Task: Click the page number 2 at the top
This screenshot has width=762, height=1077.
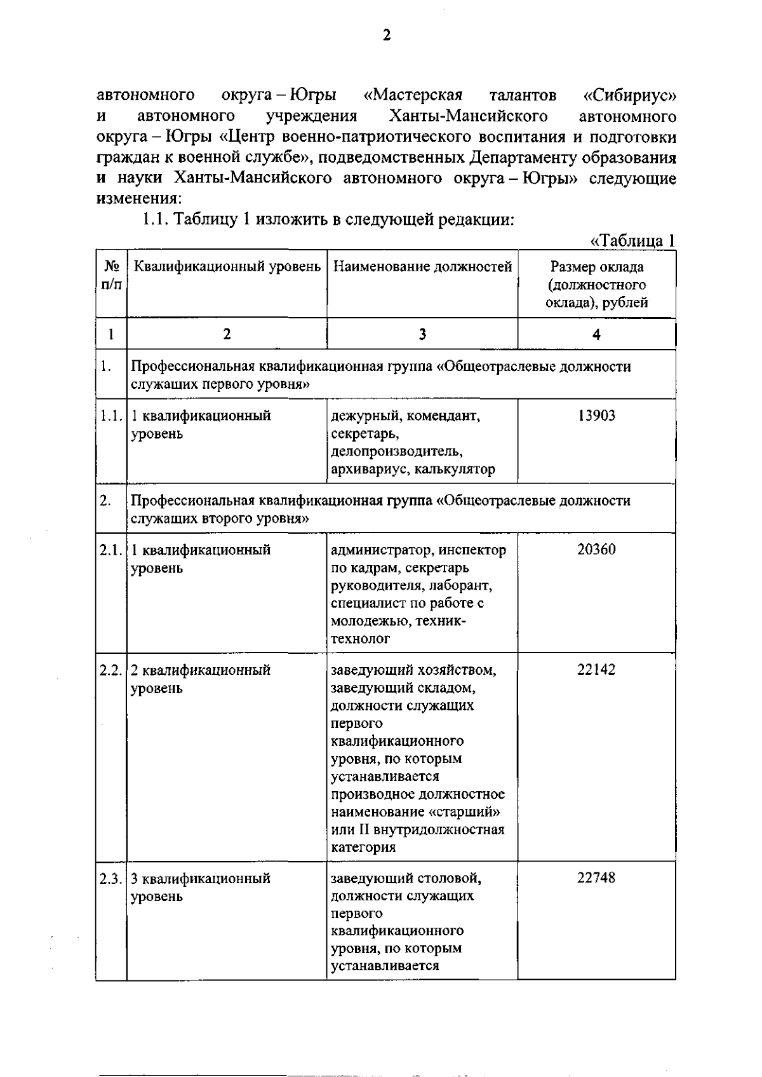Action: [386, 36]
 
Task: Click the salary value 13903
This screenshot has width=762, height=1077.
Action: [596, 416]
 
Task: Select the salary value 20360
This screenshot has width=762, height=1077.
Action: [596, 550]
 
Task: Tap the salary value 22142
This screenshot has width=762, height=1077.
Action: [596, 670]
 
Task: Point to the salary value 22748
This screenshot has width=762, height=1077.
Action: [596, 877]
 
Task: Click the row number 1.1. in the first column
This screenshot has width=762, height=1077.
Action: [110, 416]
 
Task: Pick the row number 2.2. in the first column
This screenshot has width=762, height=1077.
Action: [110, 670]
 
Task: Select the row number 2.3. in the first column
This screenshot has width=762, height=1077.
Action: [110, 878]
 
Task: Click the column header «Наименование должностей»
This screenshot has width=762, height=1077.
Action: [422, 267]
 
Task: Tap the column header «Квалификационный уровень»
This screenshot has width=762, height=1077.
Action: [227, 267]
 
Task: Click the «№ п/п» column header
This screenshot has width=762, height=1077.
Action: [111, 276]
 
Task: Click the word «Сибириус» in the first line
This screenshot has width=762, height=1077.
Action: [629, 96]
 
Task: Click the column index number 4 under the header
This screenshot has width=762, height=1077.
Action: [596, 335]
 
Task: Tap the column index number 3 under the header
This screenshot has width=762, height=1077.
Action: [422, 335]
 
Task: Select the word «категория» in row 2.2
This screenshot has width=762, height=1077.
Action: [363, 847]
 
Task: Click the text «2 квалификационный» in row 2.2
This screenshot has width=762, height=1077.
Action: [201, 670]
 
